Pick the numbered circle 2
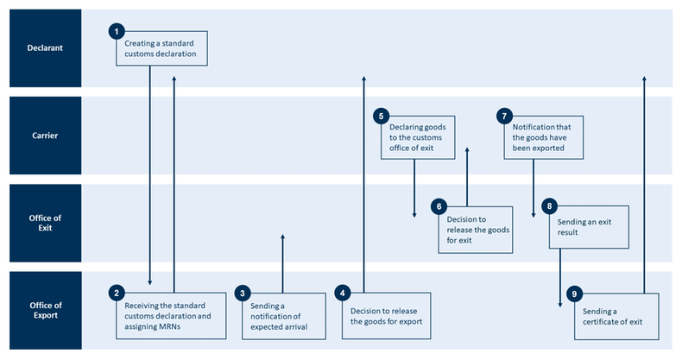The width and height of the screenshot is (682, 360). click(x=116, y=293)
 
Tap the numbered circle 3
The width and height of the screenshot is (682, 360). click(x=243, y=293)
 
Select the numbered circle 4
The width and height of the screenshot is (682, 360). click(x=343, y=293)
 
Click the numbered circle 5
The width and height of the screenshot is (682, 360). click(x=381, y=115)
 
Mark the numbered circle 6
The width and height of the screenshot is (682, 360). click(x=439, y=206)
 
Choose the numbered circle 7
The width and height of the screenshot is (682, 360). click(x=506, y=115)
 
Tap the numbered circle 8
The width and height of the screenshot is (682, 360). click(x=549, y=206)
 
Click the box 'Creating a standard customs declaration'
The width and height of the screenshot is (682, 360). click(x=163, y=48)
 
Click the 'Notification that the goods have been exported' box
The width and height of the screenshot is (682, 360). click(x=542, y=137)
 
